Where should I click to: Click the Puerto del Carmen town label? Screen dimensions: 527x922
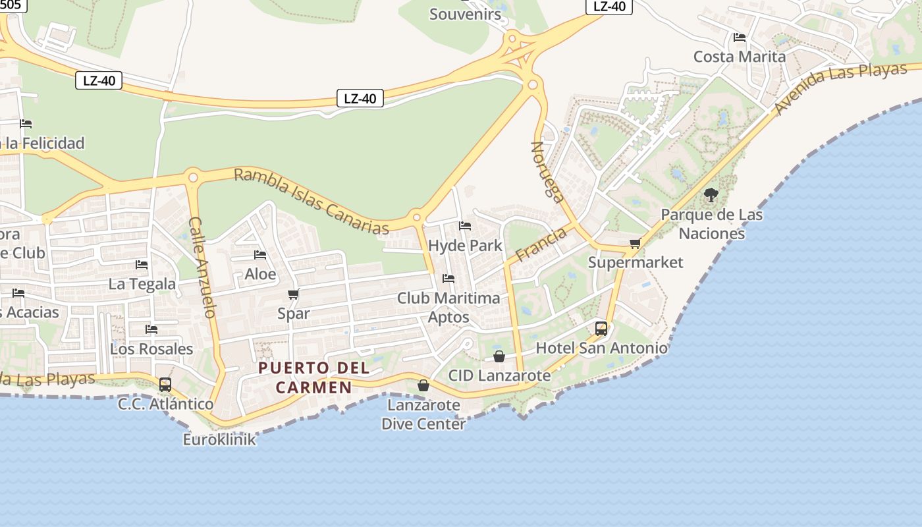[x=313, y=377]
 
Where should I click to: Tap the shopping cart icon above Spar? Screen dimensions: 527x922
[x=294, y=294]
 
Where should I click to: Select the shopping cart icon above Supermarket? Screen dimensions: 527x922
[x=635, y=244]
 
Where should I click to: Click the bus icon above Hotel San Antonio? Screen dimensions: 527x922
[x=601, y=328]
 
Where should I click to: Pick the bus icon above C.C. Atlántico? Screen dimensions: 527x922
[x=165, y=384]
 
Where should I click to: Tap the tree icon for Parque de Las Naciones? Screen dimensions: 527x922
[x=711, y=194]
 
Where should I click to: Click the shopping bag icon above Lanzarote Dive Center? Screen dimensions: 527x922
[x=423, y=385]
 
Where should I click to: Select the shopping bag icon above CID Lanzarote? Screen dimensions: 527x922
[x=499, y=356]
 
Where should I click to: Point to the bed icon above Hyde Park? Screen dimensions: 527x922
[x=465, y=226]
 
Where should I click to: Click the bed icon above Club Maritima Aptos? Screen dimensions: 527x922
[x=448, y=279]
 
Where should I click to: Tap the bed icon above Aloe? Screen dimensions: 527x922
[x=260, y=255]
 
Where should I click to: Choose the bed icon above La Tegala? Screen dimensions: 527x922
[x=142, y=265]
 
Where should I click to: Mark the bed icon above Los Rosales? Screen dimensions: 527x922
[x=151, y=329]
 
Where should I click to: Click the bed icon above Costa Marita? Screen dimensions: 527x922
[x=740, y=38]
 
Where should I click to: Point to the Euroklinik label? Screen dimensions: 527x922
[x=219, y=439]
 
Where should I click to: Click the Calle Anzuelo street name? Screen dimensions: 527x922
[x=202, y=267]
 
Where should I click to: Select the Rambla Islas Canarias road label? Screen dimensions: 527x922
[x=312, y=201]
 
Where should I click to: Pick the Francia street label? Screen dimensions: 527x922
[x=541, y=244]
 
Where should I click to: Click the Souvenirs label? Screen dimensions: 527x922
[x=465, y=14]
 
